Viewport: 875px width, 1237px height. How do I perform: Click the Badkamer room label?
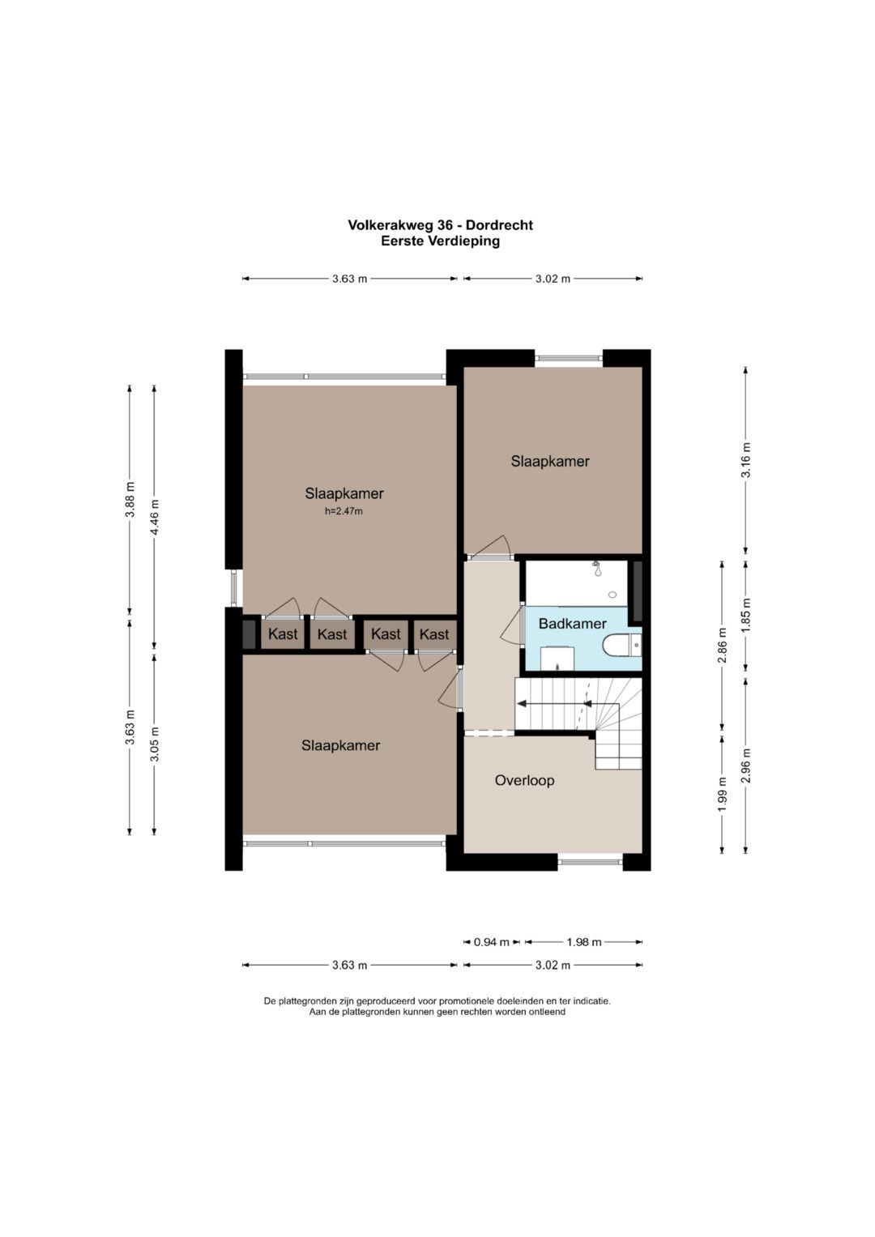pos(572,624)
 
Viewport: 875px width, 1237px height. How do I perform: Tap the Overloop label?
pos(524,780)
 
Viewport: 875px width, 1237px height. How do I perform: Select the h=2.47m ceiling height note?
pos(344,511)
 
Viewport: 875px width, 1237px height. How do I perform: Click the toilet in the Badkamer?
pos(621,646)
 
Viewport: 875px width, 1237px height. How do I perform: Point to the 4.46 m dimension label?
pos(156,517)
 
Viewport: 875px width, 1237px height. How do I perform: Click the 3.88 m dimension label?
pos(130,499)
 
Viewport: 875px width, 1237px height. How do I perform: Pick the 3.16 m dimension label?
pos(746,460)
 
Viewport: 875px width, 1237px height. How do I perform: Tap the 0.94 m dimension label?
pos(491,942)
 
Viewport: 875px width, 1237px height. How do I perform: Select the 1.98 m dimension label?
pos(583,942)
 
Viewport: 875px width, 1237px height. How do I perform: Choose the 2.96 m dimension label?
pos(746,766)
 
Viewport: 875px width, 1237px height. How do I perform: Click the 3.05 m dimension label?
pos(156,744)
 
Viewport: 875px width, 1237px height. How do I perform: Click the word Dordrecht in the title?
pos(499,225)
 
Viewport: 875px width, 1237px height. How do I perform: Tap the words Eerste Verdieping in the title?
pos(440,241)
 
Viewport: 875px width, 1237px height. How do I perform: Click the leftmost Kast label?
pos(283,634)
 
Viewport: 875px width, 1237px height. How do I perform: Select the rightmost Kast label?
pos(434,634)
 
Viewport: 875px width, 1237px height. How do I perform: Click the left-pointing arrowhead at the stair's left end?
pos(520,703)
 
